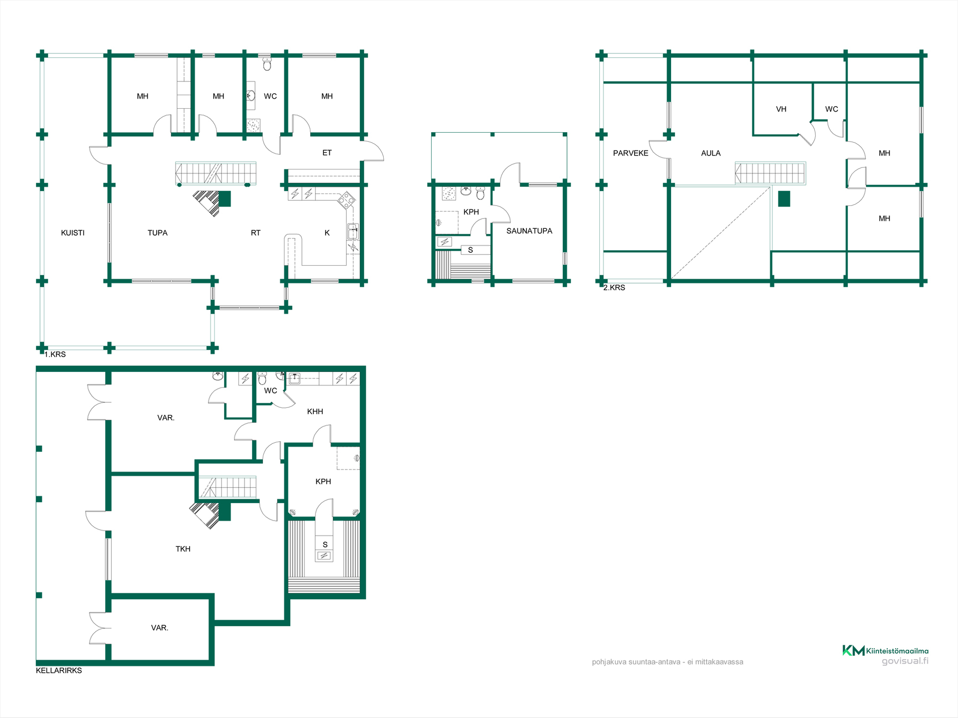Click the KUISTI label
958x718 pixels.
tap(73, 233)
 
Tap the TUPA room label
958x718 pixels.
tap(158, 233)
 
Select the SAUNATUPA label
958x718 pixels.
tap(529, 231)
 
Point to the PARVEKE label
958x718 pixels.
tap(631, 153)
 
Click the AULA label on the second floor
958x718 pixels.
tap(711, 153)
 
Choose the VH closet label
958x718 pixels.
tap(781, 109)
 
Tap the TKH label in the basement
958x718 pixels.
tap(183, 549)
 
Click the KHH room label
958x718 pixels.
tap(315, 411)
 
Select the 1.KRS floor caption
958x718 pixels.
tap(55, 355)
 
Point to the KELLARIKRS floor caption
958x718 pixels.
tap(59, 671)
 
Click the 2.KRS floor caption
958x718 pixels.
tap(614, 288)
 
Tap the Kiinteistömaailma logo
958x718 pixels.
tap(886, 651)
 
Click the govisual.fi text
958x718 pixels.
tap(905, 661)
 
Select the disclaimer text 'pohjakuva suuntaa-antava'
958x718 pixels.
tap(636, 662)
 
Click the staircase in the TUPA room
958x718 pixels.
tap(216, 174)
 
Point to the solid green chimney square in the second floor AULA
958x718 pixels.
tap(784, 199)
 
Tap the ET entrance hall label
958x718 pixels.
tap(327, 153)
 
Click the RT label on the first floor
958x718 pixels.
tap(255, 233)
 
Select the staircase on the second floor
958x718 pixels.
tap(770, 173)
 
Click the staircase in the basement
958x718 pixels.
tap(228, 487)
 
